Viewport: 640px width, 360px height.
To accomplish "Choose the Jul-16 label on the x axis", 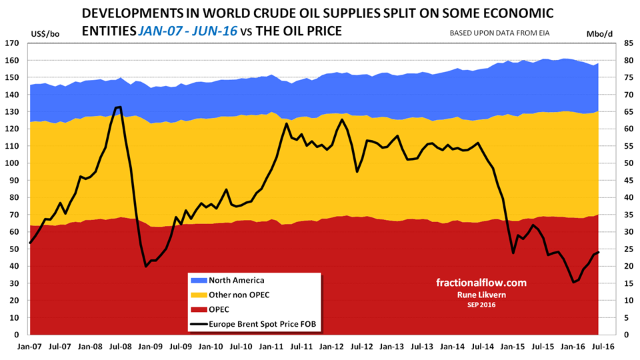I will pyautogui.click(x=603, y=347).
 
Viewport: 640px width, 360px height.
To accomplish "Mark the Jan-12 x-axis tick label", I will pyautogui.click(x=332, y=347).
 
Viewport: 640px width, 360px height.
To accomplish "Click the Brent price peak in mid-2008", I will pyautogui.click(x=119, y=107).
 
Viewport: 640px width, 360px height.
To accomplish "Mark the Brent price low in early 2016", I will pyautogui.click(x=573, y=282).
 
